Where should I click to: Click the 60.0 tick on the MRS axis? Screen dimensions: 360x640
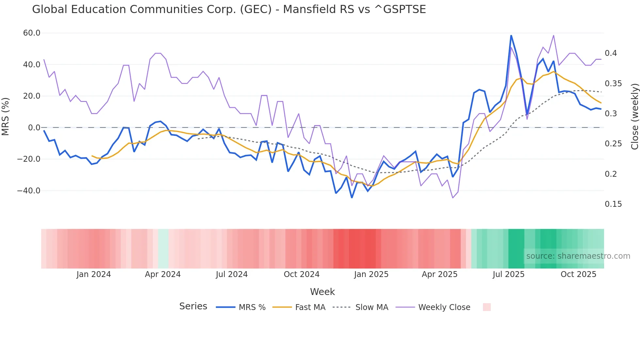[x=32, y=33]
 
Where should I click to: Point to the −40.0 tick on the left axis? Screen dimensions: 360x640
[x=29, y=191]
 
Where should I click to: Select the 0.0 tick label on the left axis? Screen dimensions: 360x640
[x=34, y=128]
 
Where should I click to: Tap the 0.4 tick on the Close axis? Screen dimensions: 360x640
[x=611, y=53]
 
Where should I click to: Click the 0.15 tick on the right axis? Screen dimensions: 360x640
[x=613, y=204]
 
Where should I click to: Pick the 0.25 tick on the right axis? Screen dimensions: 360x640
[x=613, y=144]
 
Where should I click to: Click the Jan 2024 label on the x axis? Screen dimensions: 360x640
[x=94, y=274]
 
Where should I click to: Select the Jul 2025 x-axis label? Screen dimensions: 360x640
[x=508, y=274]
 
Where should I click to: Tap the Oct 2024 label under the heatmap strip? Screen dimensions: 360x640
[x=301, y=274]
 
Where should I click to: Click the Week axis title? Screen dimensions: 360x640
[x=322, y=292]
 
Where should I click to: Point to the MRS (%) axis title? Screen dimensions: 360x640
[x=6, y=117]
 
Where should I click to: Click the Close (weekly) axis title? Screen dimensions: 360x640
[x=634, y=117]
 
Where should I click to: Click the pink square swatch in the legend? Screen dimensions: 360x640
[x=487, y=307]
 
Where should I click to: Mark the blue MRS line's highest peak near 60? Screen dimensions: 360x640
[x=511, y=36]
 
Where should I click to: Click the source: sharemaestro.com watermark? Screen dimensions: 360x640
[x=578, y=256]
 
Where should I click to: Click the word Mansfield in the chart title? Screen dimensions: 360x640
[x=318, y=9]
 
